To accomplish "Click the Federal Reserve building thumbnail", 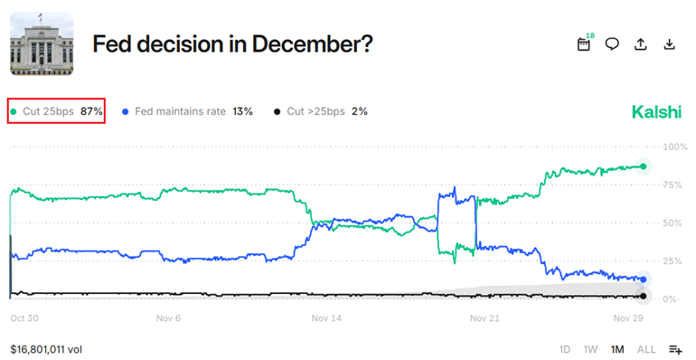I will (42, 42).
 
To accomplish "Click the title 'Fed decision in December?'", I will (233, 43).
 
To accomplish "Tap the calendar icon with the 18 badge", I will (585, 43).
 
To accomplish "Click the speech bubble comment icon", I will (612, 43).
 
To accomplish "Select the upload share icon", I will (641, 43).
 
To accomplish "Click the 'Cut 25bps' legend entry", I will (57, 111).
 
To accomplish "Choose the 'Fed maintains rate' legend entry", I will (186, 111).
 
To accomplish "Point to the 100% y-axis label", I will (674, 147).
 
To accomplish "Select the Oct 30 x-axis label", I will (23, 318).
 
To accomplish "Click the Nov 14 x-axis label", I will (326, 318).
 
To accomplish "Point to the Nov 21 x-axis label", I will (484, 318).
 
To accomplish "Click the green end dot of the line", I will (643, 166).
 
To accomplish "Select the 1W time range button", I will (590, 349).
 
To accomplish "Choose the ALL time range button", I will (646, 349).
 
